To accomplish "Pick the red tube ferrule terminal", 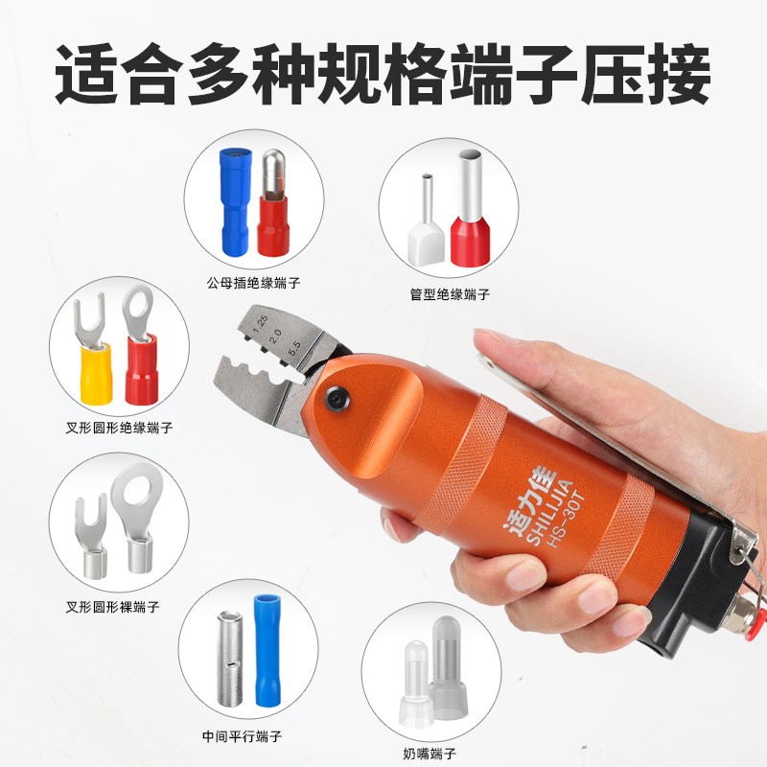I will click(x=471, y=216).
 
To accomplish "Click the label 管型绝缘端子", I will click(x=449, y=295).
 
